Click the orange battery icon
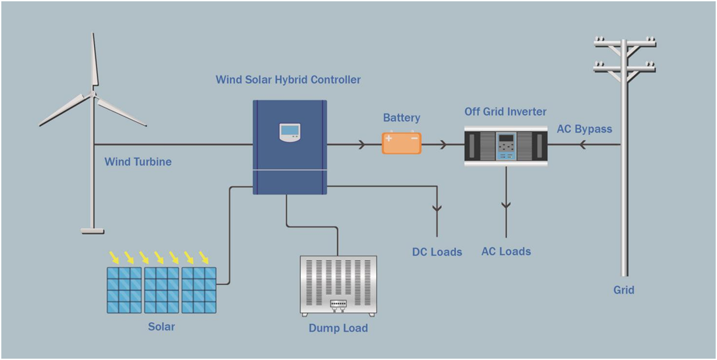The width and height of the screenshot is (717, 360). coord(401,143)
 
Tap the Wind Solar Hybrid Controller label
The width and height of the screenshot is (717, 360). coord(288,80)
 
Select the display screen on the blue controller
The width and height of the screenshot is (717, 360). coord(290,132)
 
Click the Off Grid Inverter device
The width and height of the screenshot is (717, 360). coord(505,146)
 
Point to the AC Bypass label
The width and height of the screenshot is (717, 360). coord(584,129)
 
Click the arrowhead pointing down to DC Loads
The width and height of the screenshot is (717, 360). coord(436,209)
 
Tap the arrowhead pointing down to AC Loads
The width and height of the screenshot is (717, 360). coord(505,205)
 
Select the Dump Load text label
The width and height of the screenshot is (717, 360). coord(338,328)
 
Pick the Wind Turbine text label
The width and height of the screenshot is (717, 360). coord(138,161)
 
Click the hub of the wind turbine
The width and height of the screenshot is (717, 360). coord(94,94)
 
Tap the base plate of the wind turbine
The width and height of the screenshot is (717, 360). coord(92,230)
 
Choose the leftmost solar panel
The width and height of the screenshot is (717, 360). coord(125,289)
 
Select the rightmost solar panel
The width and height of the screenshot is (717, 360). coord(199,289)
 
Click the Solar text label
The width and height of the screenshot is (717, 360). coord(161,326)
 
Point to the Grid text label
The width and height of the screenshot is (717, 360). coord(623,290)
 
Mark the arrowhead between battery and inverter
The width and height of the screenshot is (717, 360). coord(444,144)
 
